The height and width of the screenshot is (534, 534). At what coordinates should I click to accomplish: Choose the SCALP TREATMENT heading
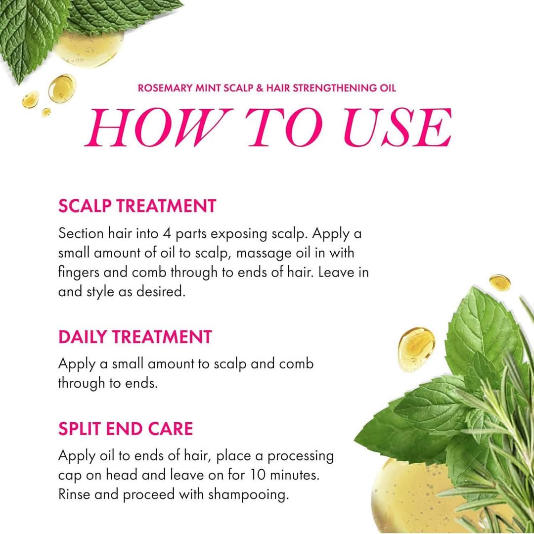[x=137, y=206]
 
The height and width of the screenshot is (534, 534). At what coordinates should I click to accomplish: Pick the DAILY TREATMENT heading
[x=134, y=337]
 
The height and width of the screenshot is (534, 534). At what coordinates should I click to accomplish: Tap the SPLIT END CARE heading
[x=125, y=429]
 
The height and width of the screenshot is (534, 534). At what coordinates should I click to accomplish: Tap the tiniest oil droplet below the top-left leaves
[x=46, y=112]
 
